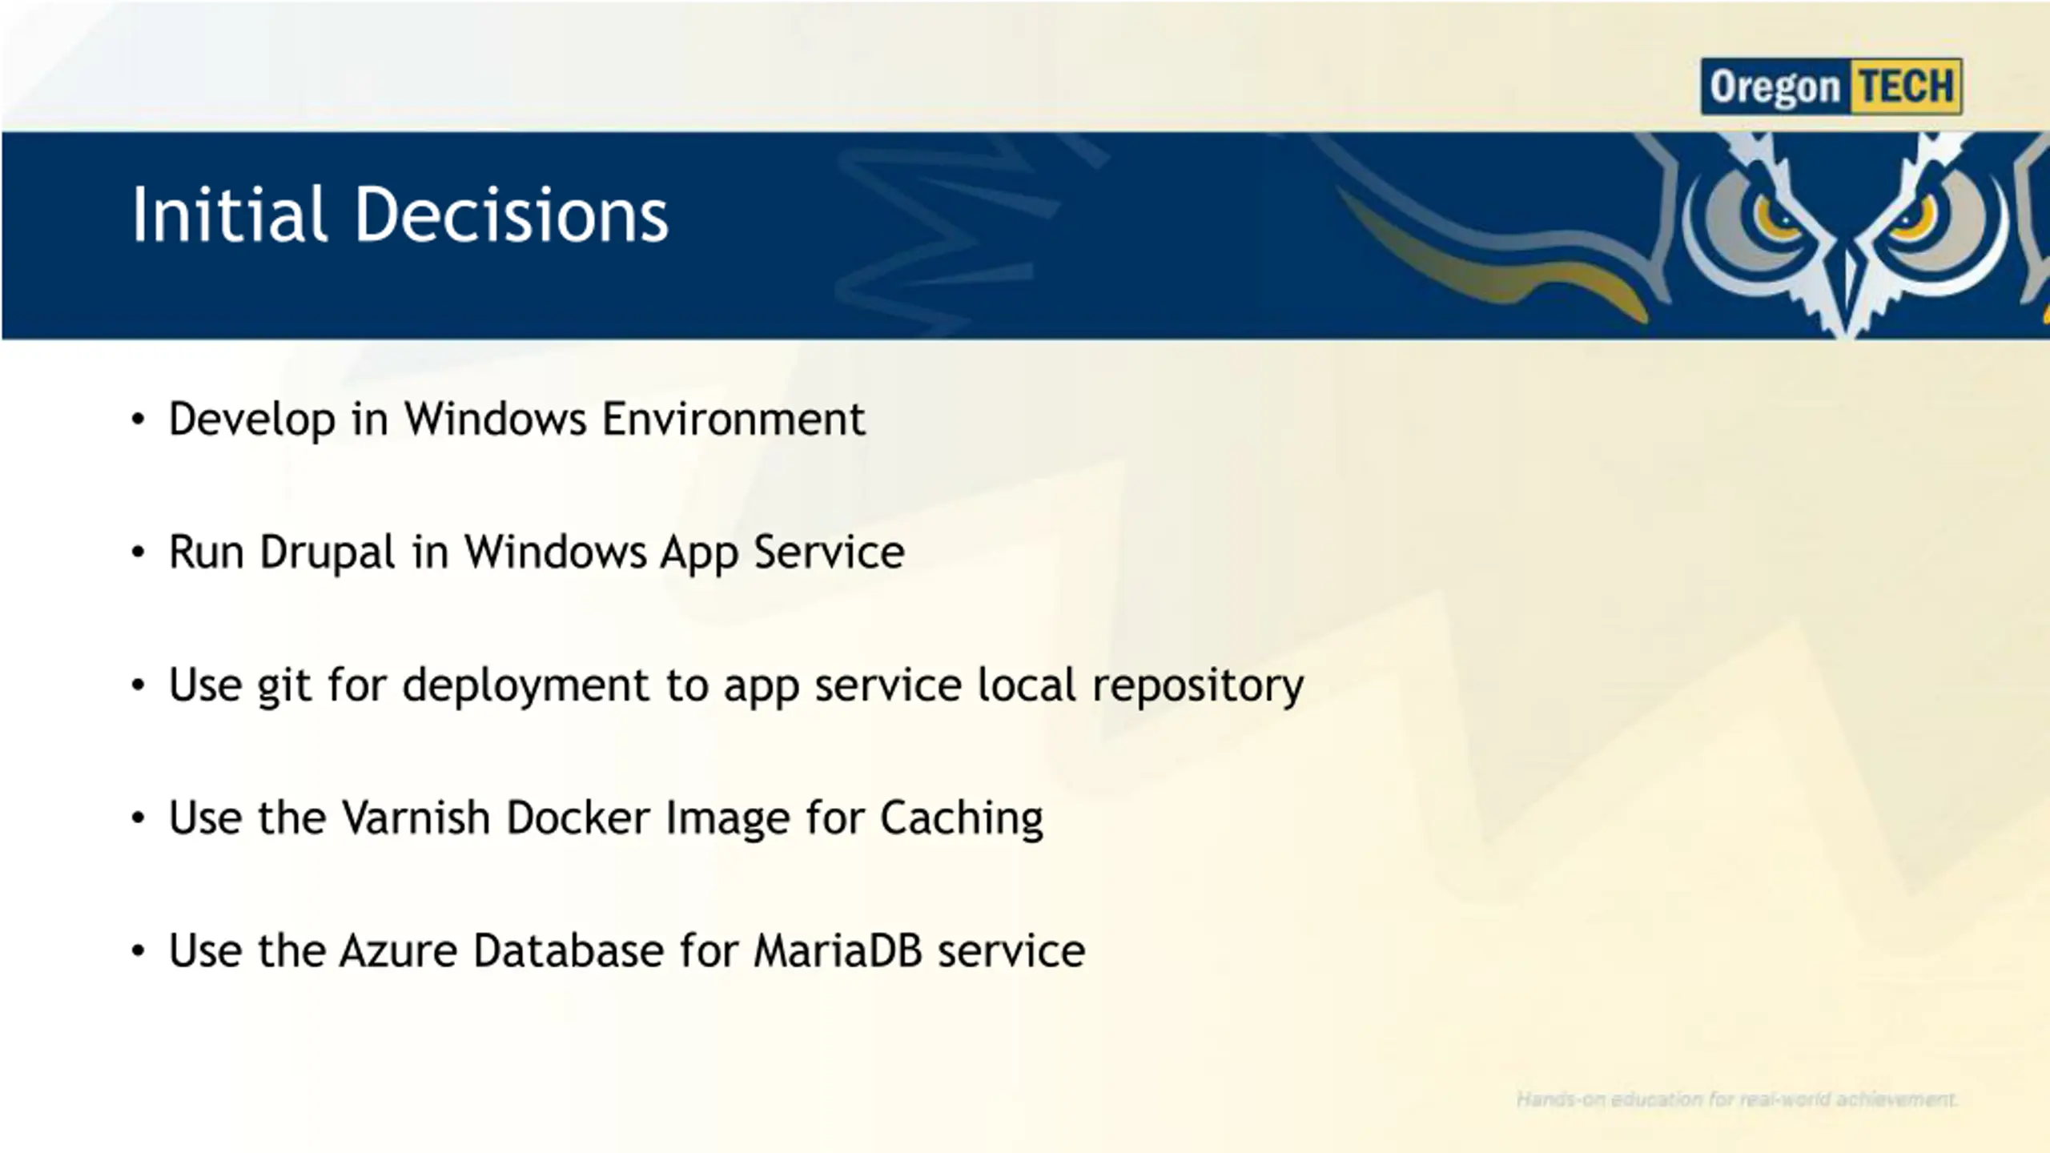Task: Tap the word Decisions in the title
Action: coord(512,214)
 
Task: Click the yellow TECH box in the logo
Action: coord(1906,86)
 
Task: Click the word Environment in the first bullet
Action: coord(734,419)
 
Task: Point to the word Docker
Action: coord(578,818)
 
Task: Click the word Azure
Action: coord(399,950)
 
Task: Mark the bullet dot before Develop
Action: coord(139,420)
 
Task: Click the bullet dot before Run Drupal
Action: coord(139,552)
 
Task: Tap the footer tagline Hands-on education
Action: coord(1737,1099)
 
